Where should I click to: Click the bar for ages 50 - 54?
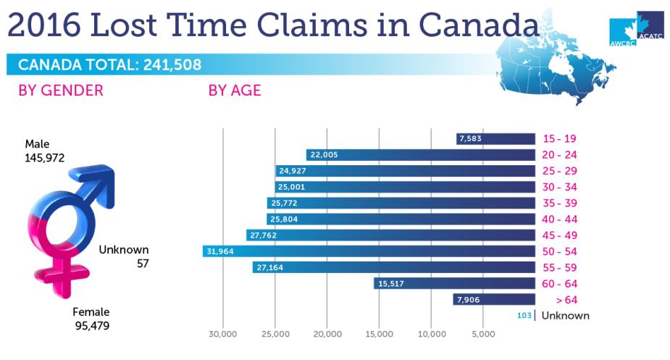tap(369, 251)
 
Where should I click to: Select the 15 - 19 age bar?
tap(495, 138)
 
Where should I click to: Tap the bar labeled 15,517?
tap(455, 283)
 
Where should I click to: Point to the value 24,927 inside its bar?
tap(293, 171)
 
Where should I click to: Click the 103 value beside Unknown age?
tap(524, 316)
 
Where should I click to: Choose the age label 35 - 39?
tap(560, 203)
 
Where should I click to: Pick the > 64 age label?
tap(566, 300)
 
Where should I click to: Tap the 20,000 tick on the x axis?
tap(327, 334)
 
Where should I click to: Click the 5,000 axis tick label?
tap(483, 334)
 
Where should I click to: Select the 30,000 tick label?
tap(222, 334)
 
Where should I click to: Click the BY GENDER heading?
tap(61, 91)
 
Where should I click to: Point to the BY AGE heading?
tap(235, 91)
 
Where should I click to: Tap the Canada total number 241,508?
tap(172, 64)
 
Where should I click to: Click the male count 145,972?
tap(44, 158)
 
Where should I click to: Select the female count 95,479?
tap(92, 326)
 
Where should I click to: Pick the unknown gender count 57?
tap(143, 264)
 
